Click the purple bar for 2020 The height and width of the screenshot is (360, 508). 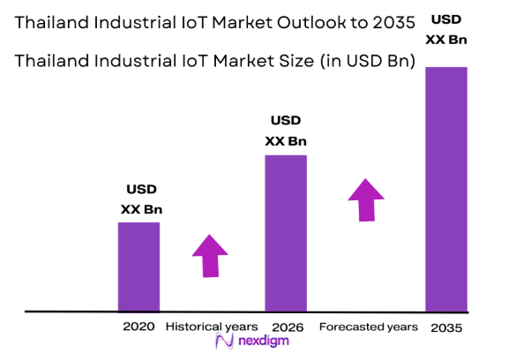(x=139, y=266)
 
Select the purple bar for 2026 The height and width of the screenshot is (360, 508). (x=286, y=233)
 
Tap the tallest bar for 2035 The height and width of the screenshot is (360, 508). (x=445, y=189)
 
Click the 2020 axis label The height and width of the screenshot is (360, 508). (x=139, y=326)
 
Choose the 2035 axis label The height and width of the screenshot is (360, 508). (x=445, y=327)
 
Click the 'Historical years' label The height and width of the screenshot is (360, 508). (x=212, y=326)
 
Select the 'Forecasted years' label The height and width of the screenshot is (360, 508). (x=368, y=326)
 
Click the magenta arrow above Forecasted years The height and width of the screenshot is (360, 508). (x=365, y=199)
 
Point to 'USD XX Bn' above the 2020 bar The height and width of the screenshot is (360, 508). (x=141, y=199)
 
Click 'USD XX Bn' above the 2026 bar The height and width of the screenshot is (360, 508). (x=286, y=131)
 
